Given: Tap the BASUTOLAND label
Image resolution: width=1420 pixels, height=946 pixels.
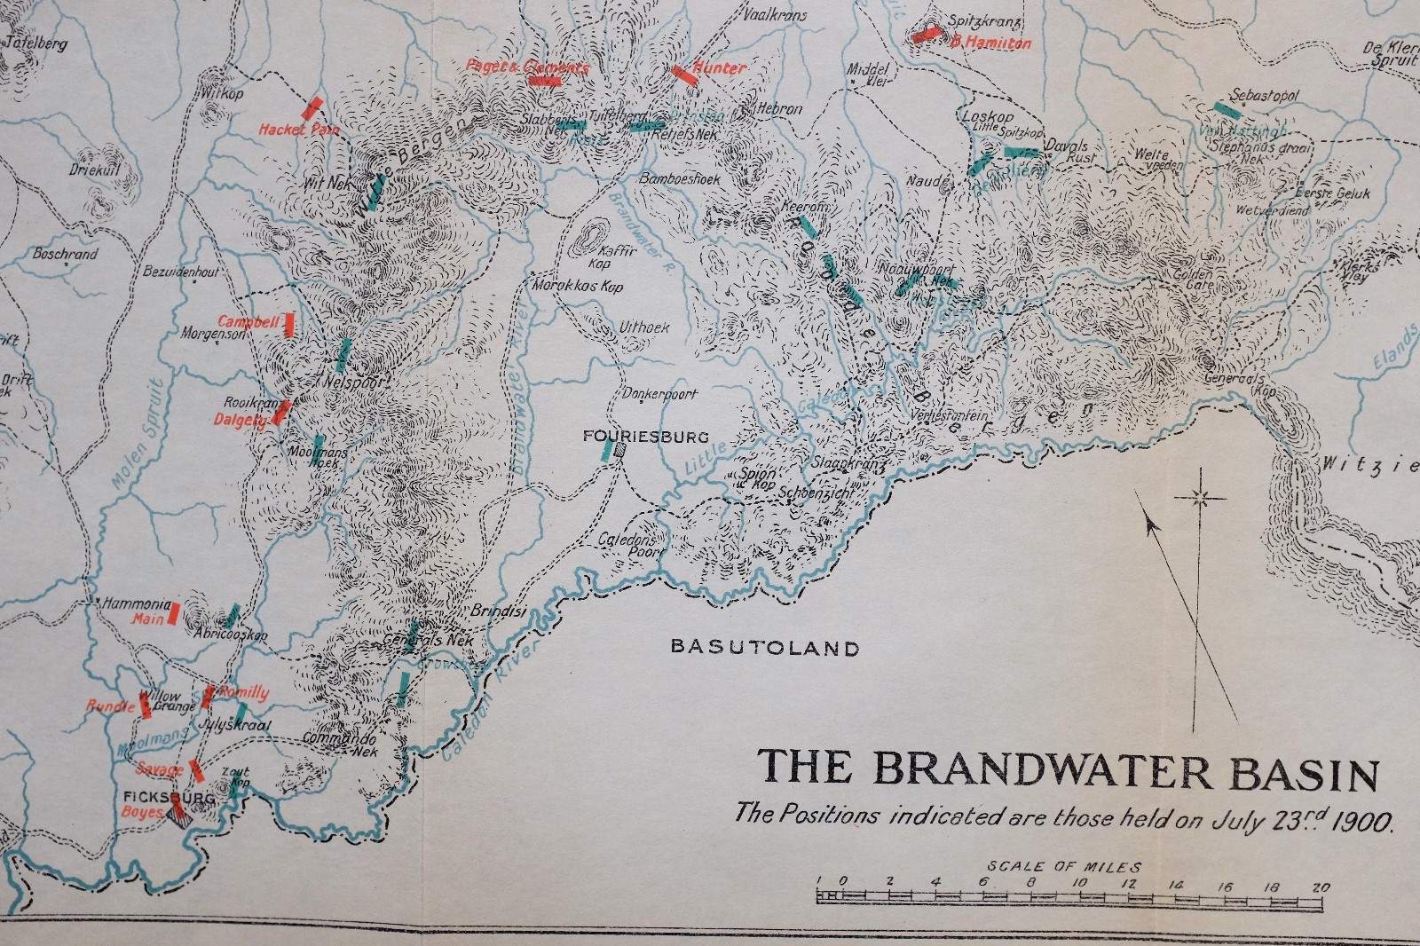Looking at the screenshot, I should [x=765, y=648].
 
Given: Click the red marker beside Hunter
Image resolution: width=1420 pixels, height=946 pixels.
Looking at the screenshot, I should [x=683, y=74].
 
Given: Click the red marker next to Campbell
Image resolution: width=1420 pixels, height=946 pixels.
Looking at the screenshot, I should [x=288, y=323].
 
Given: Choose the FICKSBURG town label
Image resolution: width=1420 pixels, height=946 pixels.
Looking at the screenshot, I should [x=158, y=798].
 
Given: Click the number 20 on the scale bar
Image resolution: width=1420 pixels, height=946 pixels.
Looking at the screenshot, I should [x=1321, y=886].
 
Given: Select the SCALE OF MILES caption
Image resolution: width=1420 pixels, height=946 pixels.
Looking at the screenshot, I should [x=1064, y=866].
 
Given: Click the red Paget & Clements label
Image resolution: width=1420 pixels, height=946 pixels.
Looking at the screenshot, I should [x=527, y=67].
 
